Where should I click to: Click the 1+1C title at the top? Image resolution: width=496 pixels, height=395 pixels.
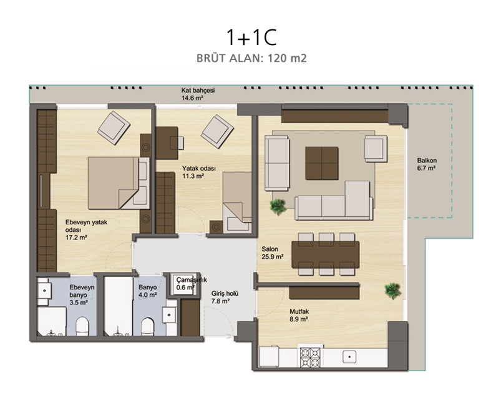(251, 37)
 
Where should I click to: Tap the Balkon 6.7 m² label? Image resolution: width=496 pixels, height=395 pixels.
(426, 164)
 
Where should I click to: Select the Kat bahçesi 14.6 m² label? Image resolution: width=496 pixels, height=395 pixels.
(198, 94)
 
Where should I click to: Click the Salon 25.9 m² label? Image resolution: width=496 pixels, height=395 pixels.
(273, 253)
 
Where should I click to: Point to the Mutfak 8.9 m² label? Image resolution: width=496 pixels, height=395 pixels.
(299, 316)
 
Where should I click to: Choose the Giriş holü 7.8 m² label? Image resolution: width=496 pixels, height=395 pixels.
(225, 297)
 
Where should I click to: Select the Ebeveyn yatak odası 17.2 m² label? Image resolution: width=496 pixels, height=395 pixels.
(86, 229)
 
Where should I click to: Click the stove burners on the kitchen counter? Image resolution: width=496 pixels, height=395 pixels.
(310, 357)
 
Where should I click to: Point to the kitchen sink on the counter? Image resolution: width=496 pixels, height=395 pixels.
(349, 357)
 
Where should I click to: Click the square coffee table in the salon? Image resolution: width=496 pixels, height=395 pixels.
(322, 163)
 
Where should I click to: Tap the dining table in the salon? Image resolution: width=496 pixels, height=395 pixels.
(326, 254)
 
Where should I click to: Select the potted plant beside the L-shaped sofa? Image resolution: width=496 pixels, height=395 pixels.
(278, 206)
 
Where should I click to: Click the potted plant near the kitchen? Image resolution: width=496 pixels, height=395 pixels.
(393, 291)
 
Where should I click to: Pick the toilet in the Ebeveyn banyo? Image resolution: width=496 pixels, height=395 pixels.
(83, 326)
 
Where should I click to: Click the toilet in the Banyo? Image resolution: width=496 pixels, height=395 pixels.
(147, 326)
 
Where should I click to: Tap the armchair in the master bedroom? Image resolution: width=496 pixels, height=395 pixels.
(114, 127)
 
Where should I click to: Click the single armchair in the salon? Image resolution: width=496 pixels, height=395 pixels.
(376, 149)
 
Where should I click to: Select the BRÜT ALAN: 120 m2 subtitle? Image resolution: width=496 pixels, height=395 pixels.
(251, 58)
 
